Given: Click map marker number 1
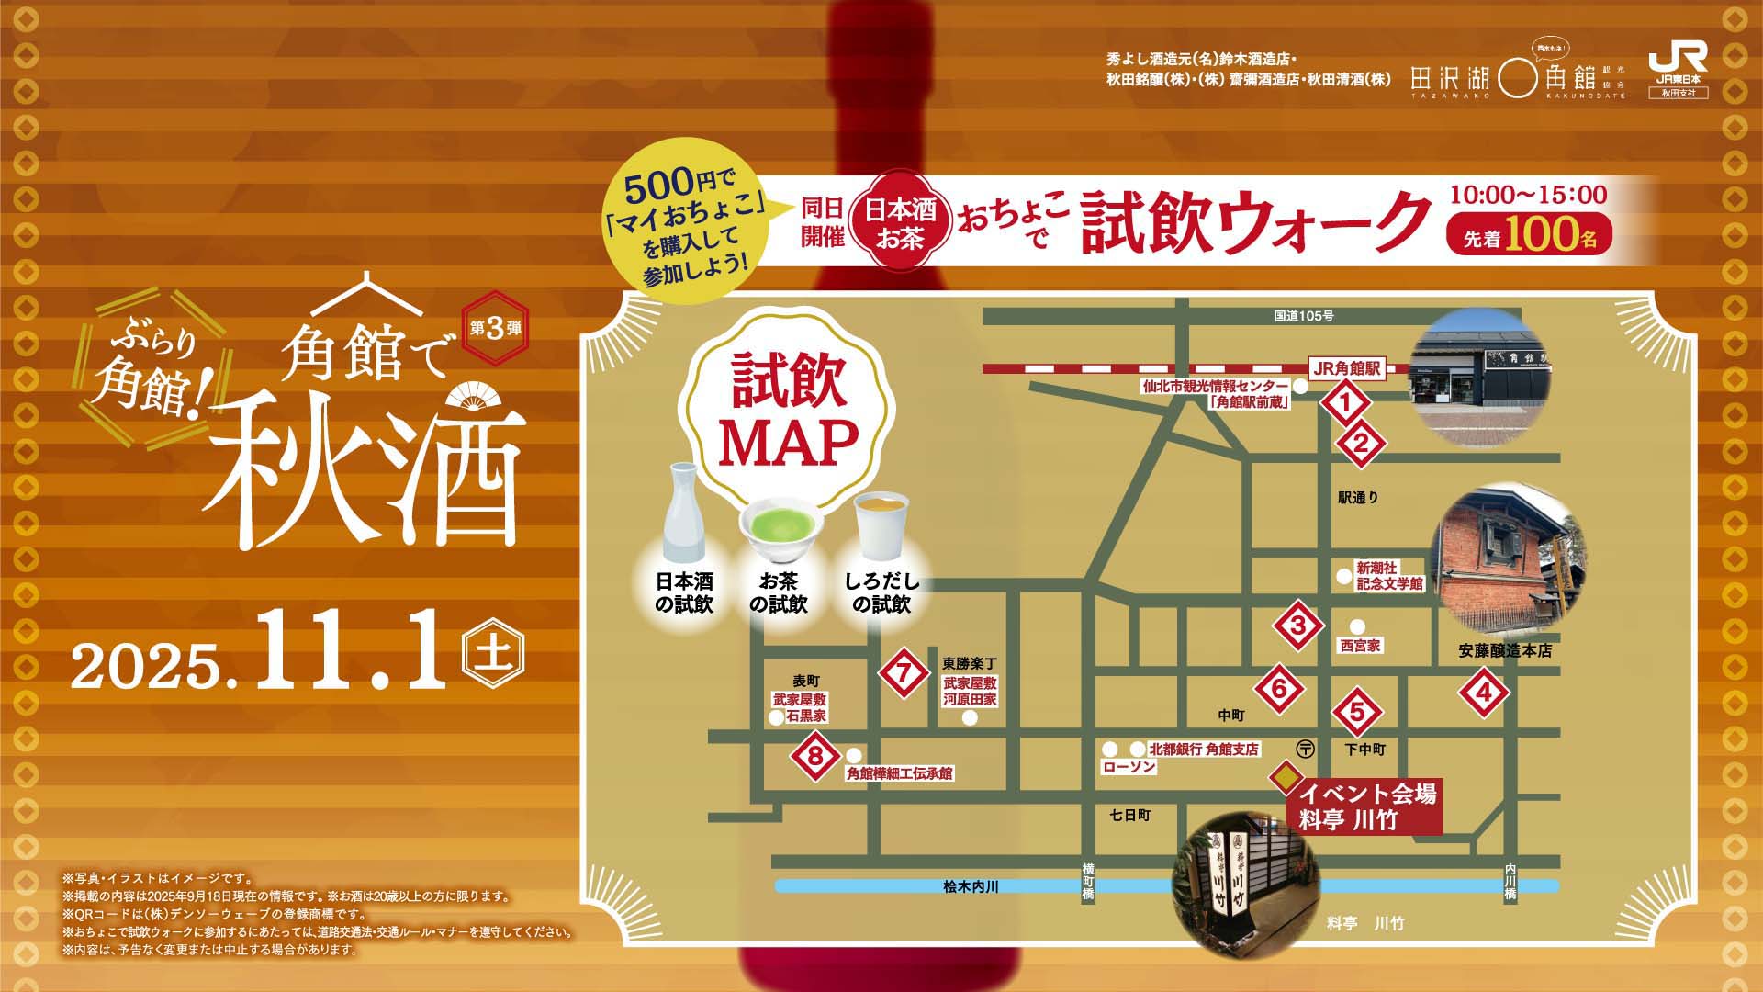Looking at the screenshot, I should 1346,402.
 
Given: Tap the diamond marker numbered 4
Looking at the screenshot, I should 1485,694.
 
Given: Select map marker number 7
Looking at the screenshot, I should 904,672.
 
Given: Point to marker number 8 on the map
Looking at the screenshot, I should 815,757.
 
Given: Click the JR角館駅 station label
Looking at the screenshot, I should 1347,367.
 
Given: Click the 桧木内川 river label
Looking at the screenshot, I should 971,886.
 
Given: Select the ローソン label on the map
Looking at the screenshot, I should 1129,766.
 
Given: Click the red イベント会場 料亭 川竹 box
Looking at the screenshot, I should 1365,806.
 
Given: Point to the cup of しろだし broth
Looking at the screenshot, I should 881,526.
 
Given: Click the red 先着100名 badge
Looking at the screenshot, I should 1529,236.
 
